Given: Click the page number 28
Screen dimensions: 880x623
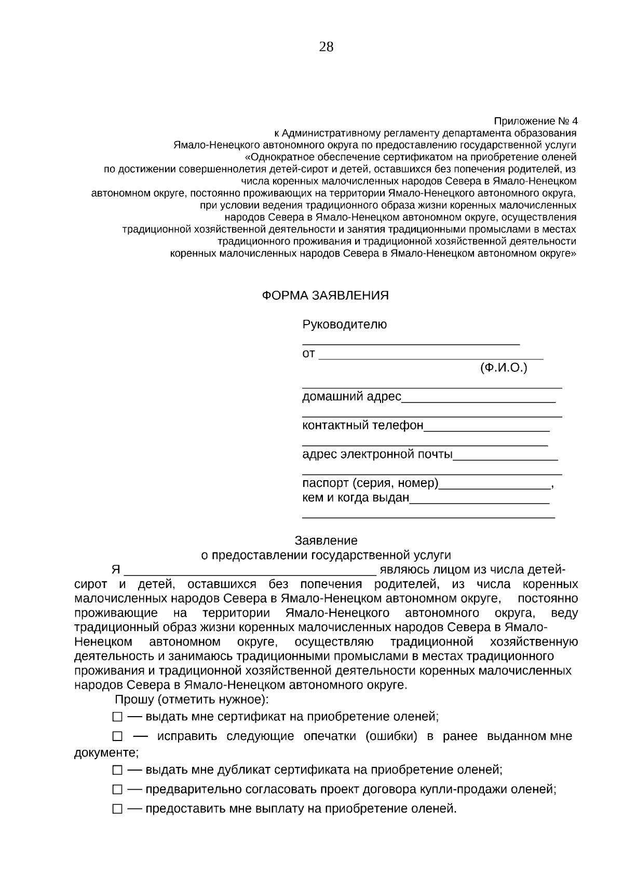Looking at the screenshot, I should pyautogui.click(x=326, y=47).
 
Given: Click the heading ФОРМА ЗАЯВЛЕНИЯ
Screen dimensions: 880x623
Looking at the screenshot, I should pyautogui.click(x=325, y=296).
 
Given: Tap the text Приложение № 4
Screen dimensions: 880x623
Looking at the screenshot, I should pyautogui.click(x=535, y=121).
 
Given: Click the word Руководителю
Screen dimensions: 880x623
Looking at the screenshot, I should pyautogui.click(x=344, y=325).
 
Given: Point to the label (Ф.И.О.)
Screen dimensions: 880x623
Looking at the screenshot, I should pyautogui.click(x=503, y=368).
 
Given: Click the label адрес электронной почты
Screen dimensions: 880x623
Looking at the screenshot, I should pyautogui.click(x=377, y=455).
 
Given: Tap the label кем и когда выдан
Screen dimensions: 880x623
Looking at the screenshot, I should pyautogui.click(x=356, y=498).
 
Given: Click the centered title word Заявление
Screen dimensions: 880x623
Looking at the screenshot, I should pyautogui.click(x=326, y=541).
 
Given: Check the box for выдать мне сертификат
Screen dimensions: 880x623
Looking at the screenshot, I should pyautogui.click(x=117, y=718).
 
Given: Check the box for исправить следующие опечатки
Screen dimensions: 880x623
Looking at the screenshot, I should pyautogui.click(x=117, y=737).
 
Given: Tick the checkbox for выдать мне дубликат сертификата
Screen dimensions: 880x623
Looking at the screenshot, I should pyautogui.click(x=117, y=771).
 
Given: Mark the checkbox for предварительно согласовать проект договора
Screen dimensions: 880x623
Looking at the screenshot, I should pyautogui.click(x=117, y=790).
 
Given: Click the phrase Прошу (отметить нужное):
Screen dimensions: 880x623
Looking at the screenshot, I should pyautogui.click(x=192, y=700).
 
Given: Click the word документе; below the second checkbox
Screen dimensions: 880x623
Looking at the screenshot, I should pyautogui.click(x=106, y=753).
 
